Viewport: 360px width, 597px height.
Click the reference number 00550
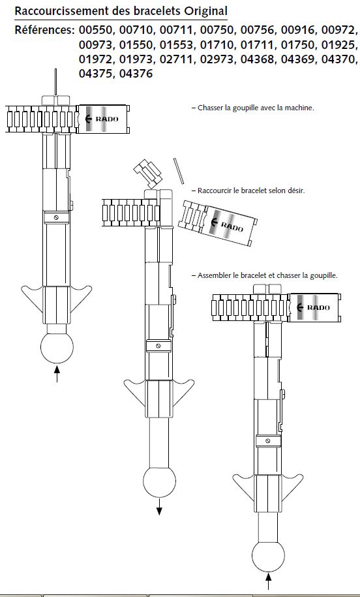point(96,30)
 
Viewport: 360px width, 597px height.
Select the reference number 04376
point(136,74)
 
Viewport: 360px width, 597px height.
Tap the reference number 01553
point(177,44)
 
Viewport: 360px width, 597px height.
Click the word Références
point(44,30)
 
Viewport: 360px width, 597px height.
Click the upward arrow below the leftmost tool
point(57,373)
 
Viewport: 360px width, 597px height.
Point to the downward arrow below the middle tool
point(159,506)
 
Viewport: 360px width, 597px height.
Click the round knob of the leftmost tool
point(57,347)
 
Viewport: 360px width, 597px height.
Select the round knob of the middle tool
point(159,481)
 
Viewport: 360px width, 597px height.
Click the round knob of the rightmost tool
point(268,555)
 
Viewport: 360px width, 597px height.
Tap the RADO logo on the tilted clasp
point(226,225)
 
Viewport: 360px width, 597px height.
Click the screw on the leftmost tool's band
point(56,218)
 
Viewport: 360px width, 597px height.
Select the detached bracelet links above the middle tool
point(148,174)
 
